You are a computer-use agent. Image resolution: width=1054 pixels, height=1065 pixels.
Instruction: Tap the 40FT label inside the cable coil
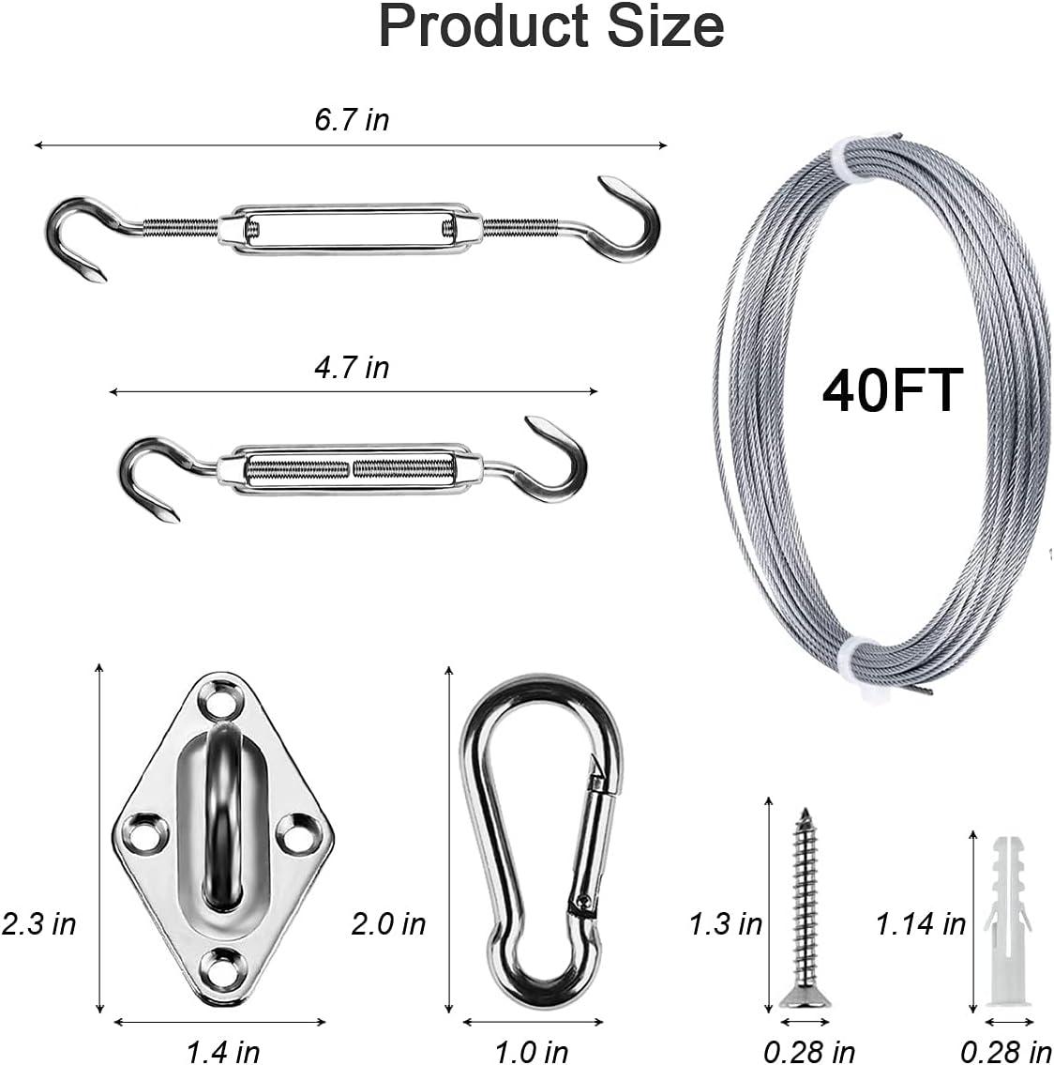click(x=892, y=390)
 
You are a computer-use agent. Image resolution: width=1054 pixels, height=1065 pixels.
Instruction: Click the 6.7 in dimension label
click(x=352, y=120)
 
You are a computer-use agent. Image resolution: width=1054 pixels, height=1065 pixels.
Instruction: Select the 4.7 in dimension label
click(x=352, y=368)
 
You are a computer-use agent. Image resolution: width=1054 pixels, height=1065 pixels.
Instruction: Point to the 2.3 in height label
click(x=38, y=923)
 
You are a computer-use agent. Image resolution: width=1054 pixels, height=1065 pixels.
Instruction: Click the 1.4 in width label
click(x=222, y=1051)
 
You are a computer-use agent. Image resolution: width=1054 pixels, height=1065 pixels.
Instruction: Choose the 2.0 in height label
click(x=388, y=923)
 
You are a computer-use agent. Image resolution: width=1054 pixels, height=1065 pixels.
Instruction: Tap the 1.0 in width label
click(x=531, y=1051)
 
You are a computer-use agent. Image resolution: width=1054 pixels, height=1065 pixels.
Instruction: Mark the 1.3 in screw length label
click(x=726, y=923)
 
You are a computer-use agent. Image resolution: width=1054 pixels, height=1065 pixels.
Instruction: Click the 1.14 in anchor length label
click(x=920, y=923)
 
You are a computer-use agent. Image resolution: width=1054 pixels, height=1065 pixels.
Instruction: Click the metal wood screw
click(x=803, y=901)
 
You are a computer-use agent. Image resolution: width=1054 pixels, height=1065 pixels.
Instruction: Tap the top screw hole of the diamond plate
click(x=222, y=700)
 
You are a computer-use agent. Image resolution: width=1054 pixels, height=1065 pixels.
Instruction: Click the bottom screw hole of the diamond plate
click(x=221, y=964)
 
